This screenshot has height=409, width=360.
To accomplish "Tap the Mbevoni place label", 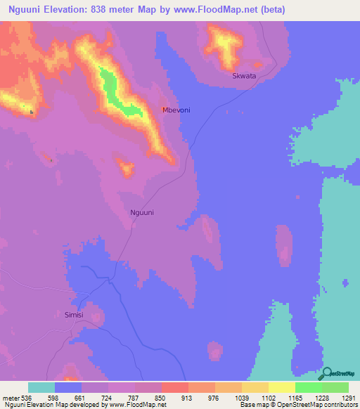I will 176,110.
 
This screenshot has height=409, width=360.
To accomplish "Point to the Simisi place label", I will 74,315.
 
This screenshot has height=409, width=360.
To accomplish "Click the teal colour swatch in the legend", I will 41,387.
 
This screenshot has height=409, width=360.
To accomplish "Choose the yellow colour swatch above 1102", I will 255,387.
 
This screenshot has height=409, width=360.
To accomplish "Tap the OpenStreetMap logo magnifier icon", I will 328,373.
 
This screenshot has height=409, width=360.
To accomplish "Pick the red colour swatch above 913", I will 175,387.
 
